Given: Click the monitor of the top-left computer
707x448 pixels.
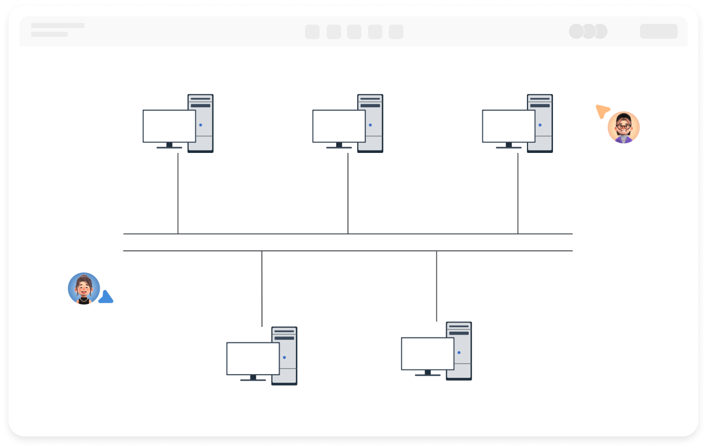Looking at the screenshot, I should pos(169,126).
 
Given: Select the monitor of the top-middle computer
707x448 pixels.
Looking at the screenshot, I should pos(339,126).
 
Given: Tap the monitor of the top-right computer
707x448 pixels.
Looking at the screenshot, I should pos(509,126).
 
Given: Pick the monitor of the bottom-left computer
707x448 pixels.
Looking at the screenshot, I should pos(253,359).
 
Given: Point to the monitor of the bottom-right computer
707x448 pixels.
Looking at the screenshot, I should pos(427,354).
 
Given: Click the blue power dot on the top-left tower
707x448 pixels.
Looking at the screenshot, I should pos(200,125).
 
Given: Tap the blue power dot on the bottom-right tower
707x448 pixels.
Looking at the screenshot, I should pos(459,353).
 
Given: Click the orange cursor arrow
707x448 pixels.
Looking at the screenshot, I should pos(602,111).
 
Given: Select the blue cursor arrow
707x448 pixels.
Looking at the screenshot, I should pos(106,297).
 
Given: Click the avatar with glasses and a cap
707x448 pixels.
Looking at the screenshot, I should pos(623,128).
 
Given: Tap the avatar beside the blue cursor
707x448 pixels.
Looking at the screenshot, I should pos(84,289).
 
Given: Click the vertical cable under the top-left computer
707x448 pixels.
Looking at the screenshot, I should pos(178,194).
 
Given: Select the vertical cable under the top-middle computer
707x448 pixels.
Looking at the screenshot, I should pos(348,194).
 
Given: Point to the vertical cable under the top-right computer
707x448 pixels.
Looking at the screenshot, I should pos(518,194).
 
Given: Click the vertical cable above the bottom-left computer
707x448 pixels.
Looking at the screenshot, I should pos(262,289).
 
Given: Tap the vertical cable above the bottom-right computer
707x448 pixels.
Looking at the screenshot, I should pos(436,286).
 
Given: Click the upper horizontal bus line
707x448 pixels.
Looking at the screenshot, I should pos(348,234).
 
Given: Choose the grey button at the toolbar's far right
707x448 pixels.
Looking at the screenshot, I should pos(659,31).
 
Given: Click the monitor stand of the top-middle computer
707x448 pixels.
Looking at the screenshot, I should pos(339,145).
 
